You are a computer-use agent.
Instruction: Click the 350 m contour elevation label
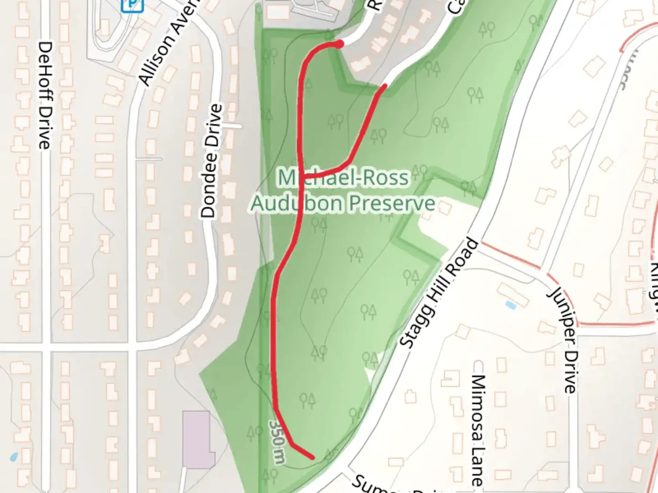[x=277, y=441]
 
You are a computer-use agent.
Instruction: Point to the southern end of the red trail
[x=313, y=457]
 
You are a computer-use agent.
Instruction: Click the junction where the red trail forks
[x=302, y=175]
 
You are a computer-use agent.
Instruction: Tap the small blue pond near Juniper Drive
[x=510, y=305]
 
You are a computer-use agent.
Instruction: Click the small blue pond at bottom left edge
[x=13, y=457]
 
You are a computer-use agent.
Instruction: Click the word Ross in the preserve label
[x=384, y=178]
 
